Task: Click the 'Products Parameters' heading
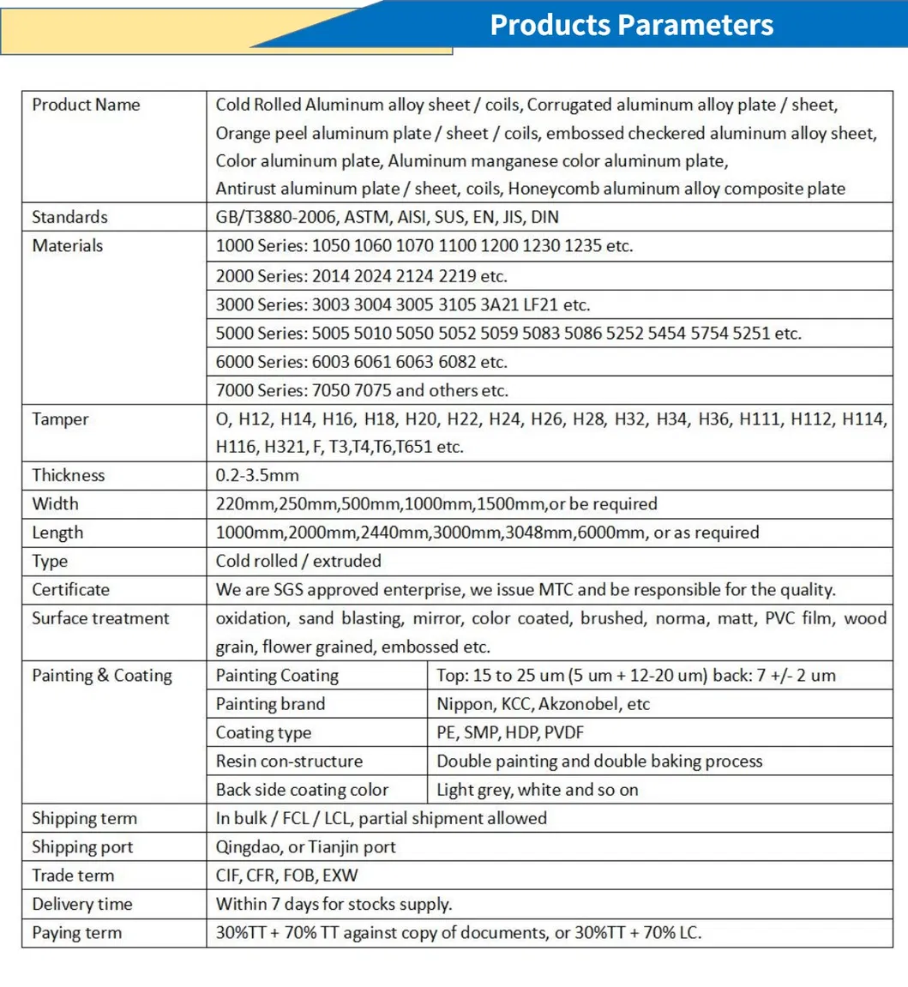631,26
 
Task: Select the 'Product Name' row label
86,105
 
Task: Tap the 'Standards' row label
69,217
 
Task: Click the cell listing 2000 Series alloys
361,276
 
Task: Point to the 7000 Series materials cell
362,391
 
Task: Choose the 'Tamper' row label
60,419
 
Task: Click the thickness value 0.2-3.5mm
257,475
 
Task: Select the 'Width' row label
55,504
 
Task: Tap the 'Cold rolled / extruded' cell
298,562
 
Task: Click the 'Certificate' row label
71,590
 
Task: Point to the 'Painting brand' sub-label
270,705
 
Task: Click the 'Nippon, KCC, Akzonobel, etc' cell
543,705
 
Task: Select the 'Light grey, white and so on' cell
537,791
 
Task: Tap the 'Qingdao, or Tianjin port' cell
305,847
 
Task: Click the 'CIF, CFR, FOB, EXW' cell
286,876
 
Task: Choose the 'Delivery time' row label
82,905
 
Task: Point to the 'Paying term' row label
76,933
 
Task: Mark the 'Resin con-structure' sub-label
289,761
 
